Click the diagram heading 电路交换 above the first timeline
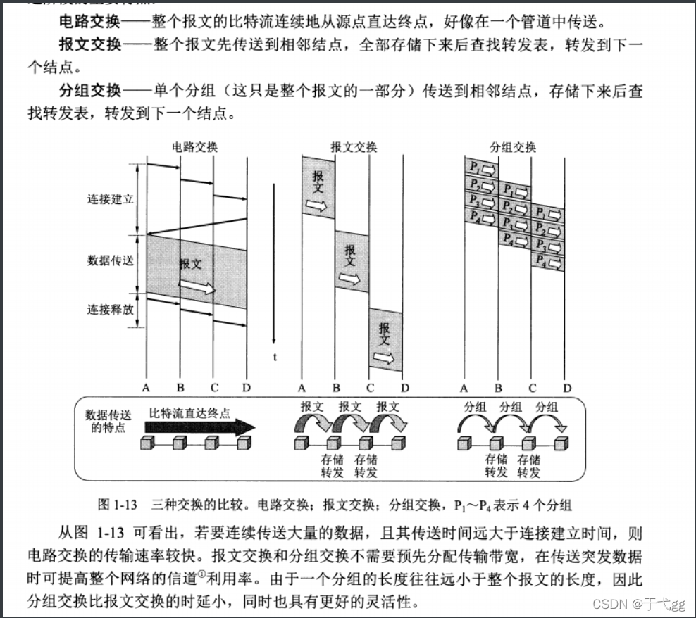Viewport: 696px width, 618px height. click(195, 147)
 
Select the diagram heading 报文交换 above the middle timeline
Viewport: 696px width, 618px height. click(354, 147)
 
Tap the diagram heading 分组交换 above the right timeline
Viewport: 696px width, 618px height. click(513, 147)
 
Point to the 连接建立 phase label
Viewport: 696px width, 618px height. click(111, 199)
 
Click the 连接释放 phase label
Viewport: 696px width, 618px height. click(111, 308)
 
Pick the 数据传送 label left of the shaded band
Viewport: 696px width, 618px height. click(111, 260)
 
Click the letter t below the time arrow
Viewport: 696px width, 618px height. click(275, 357)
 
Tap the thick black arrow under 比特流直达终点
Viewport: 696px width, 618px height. click(201, 427)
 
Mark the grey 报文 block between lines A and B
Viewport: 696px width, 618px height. click(318, 187)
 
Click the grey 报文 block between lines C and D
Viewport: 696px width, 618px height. click(385, 339)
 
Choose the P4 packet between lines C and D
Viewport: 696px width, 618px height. click(549, 262)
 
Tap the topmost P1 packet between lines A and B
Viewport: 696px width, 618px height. click(481, 169)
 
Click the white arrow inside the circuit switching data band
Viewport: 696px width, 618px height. click(197, 287)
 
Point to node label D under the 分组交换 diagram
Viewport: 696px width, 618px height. click(567, 388)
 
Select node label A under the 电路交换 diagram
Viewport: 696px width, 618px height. click(147, 388)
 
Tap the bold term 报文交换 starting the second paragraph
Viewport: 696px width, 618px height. click(90, 44)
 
